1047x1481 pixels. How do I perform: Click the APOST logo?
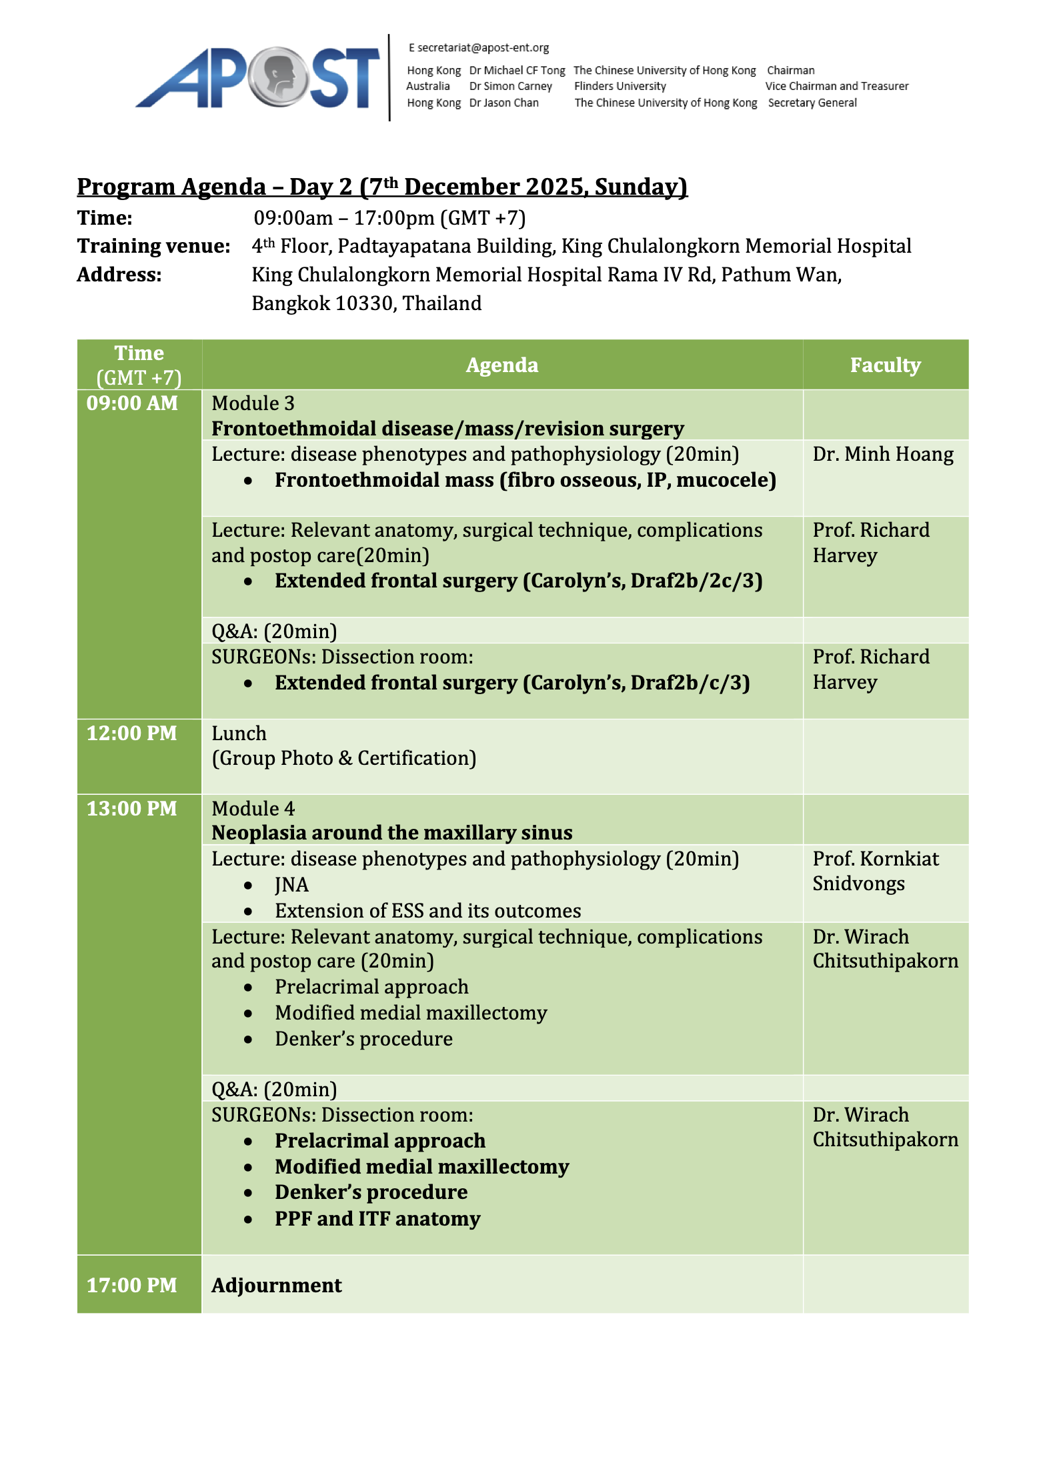point(257,78)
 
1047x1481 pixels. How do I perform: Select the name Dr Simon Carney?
point(510,86)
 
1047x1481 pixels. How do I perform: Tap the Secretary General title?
point(812,103)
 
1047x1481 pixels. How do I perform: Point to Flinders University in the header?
point(620,86)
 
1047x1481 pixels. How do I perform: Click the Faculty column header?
point(884,365)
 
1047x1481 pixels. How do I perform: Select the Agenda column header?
point(501,365)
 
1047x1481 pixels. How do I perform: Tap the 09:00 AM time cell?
point(132,403)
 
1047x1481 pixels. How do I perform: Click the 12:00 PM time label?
point(132,733)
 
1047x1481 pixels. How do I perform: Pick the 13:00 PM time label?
point(132,808)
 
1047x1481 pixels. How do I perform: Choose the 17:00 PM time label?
point(132,1285)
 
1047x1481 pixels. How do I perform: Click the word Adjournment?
point(276,1285)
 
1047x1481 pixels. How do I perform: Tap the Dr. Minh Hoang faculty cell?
point(882,454)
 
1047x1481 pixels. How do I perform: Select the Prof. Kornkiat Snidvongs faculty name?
point(875,871)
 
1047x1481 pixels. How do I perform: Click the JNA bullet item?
point(291,885)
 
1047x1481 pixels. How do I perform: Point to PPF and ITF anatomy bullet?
point(377,1218)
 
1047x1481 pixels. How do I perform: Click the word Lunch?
point(239,733)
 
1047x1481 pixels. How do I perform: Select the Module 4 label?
point(253,808)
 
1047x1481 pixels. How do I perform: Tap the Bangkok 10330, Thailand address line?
point(366,303)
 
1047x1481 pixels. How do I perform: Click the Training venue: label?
point(153,246)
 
